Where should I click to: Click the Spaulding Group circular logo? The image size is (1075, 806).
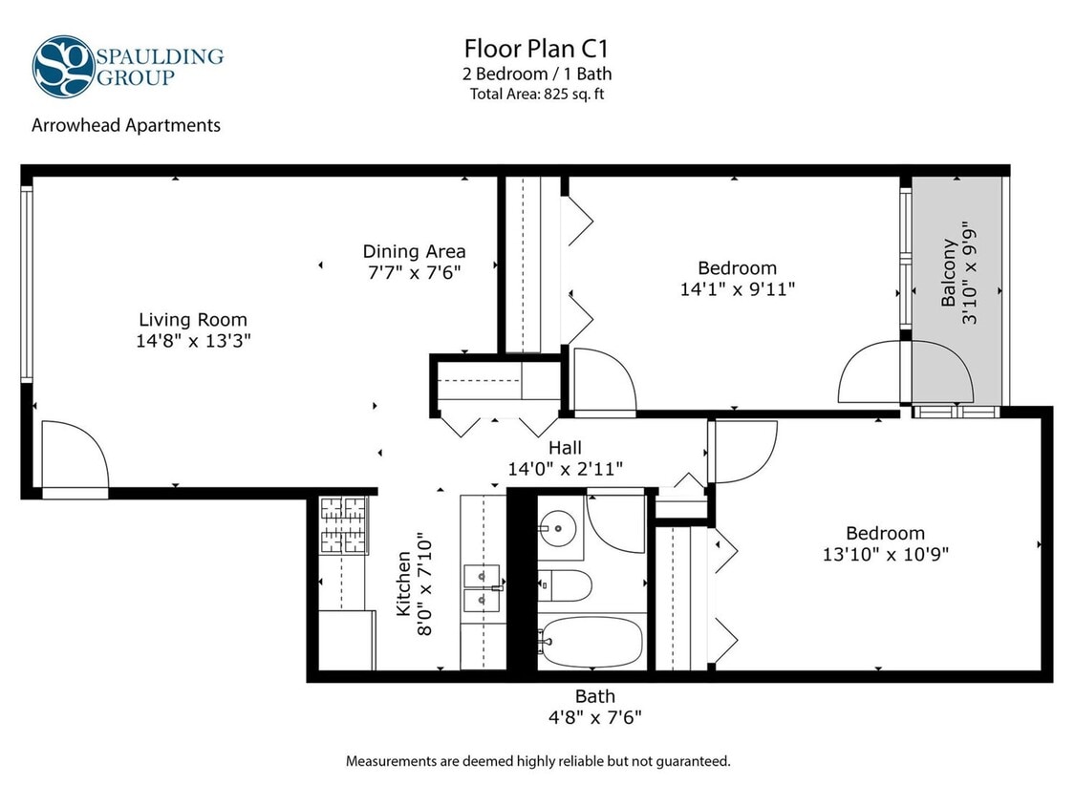[63, 67]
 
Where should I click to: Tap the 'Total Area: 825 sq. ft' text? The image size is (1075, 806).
[537, 94]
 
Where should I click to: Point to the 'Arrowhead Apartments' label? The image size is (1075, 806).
[126, 125]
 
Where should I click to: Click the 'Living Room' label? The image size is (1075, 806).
[193, 320]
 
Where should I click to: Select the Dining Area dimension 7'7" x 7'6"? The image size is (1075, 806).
[414, 272]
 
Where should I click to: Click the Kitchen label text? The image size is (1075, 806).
[404, 583]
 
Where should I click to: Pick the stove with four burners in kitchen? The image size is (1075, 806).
[344, 525]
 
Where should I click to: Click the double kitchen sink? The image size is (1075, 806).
[482, 588]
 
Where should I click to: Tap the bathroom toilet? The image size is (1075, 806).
[563, 584]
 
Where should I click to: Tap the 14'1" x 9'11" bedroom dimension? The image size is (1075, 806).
[737, 288]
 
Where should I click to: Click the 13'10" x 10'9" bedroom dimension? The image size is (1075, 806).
[885, 553]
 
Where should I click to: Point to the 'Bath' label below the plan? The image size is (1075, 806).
[594, 696]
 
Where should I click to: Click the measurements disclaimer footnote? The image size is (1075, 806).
[537, 761]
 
